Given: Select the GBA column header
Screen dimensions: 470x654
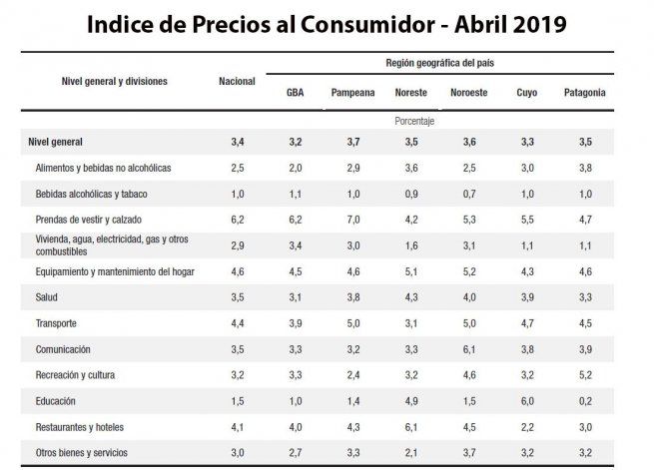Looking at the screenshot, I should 296,93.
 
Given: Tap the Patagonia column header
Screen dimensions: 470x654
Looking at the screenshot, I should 585,93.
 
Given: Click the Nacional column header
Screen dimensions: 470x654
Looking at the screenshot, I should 237,81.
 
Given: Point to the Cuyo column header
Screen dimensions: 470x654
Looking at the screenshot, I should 527,93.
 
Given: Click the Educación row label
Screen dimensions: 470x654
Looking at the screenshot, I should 60,401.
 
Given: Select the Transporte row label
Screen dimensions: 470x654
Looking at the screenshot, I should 56,323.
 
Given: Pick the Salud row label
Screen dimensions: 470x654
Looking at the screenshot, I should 48,297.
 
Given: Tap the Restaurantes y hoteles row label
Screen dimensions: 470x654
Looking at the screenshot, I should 80,427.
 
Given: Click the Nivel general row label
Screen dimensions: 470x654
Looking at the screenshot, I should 56,142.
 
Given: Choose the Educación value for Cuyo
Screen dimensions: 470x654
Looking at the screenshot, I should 527,401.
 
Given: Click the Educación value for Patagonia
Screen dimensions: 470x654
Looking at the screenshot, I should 585,401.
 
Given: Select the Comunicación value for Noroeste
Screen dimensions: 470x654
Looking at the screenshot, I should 469,349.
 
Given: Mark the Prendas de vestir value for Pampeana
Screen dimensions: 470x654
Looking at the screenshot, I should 353,220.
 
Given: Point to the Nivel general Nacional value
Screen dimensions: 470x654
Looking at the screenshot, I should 238,142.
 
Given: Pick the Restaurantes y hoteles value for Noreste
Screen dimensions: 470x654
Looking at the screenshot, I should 411,427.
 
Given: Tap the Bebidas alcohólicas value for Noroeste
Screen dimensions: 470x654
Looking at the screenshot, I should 469,194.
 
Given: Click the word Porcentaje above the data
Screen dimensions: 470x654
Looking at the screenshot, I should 414,121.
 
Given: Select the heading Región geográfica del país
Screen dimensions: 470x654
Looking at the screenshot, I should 439,63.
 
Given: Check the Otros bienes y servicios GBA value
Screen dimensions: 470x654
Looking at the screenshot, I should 296,453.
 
